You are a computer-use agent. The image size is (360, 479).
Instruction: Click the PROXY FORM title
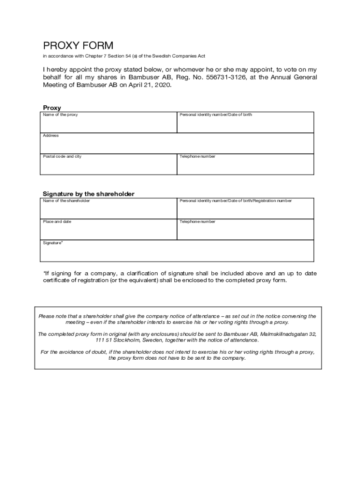(78, 46)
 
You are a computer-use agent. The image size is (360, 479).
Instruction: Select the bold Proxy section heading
(52, 108)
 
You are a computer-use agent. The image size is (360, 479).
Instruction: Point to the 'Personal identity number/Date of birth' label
(216, 115)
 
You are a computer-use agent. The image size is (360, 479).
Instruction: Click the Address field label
(51, 136)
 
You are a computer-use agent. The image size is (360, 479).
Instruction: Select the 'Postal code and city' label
(62, 156)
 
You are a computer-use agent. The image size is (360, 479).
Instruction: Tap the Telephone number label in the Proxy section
(197, 156)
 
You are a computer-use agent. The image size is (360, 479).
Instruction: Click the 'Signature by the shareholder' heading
(88, 194)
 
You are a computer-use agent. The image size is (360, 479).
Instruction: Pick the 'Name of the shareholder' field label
(66, 201)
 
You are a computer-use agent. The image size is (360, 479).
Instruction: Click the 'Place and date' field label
(57, 222)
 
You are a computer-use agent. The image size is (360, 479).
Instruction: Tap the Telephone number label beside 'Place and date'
(197, 222)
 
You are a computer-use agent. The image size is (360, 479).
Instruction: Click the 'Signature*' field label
(53, 243)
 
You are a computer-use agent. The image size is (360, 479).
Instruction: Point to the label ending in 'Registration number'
(236, 201)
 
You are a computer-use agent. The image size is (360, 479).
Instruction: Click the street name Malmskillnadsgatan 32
(288, 334)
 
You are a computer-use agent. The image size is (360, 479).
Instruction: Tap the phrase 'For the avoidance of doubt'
(74, 352)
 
